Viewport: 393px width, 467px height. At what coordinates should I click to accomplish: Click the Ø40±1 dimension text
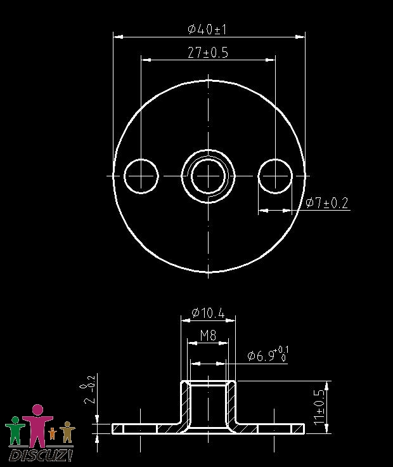click(x=207, y=29)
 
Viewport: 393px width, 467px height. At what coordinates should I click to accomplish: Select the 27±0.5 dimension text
click(x=208, y=53)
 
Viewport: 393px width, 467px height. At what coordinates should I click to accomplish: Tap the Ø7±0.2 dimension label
click(x=326, y=203)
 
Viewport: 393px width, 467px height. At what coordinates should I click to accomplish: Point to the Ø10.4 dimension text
click(x=209, y=313)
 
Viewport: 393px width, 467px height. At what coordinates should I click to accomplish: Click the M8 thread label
click(x=208, y=336)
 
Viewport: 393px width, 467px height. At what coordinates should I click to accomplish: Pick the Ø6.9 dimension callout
click(x=267, y=354)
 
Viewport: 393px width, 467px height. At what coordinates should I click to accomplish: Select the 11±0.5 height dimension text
click(x=319, y=407)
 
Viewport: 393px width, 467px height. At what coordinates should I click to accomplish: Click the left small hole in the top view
click(x=141, y=176)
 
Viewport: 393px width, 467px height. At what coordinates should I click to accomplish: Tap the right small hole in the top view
click(x=275, y=176)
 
